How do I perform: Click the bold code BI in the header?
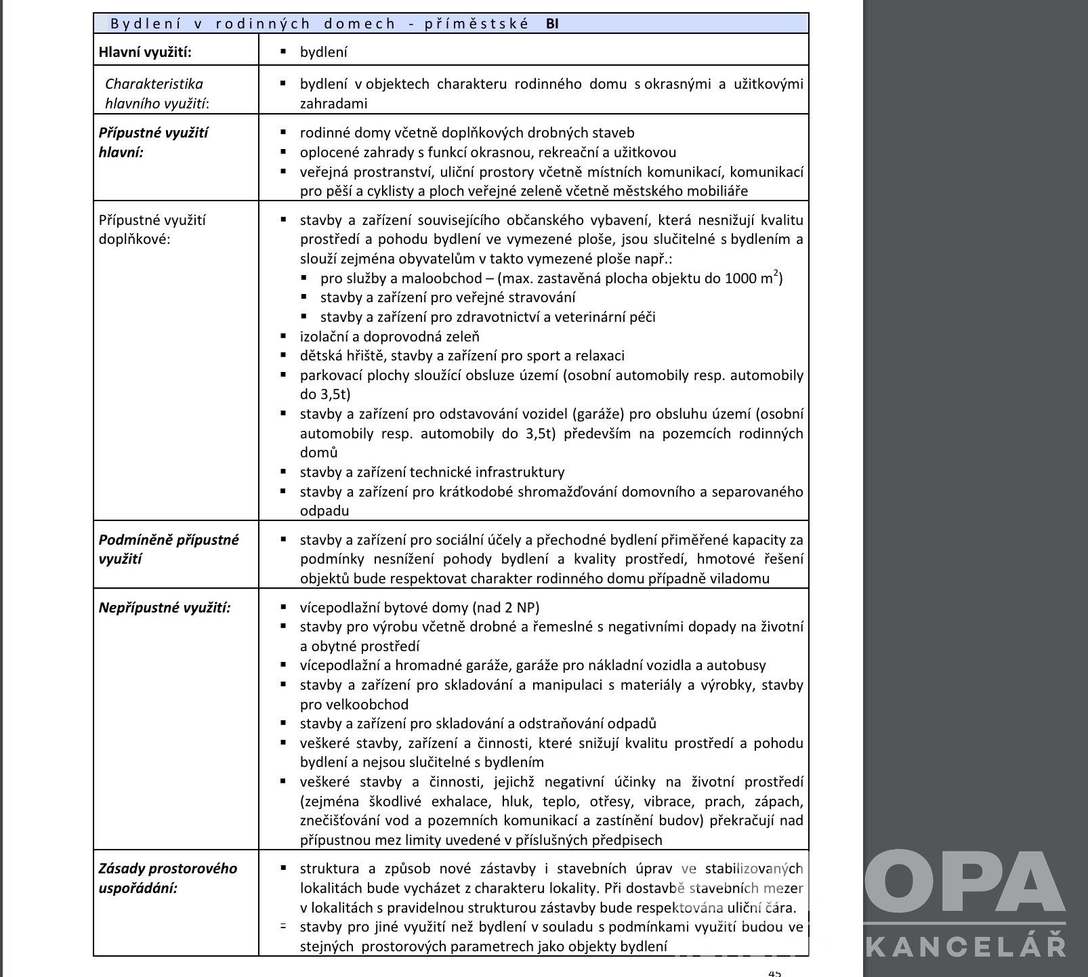(552, 24)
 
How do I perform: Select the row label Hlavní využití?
(145, 52)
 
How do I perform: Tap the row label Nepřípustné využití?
(165, 608)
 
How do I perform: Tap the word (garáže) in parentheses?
(595, 414)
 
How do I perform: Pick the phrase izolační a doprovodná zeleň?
(390, 337)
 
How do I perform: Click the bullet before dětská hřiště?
(284, 355)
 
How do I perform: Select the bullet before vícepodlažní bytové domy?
(284, 607)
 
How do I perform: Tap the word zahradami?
(334, 104)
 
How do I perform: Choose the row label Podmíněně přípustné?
(169, 540)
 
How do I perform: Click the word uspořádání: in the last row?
(138, 888)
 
